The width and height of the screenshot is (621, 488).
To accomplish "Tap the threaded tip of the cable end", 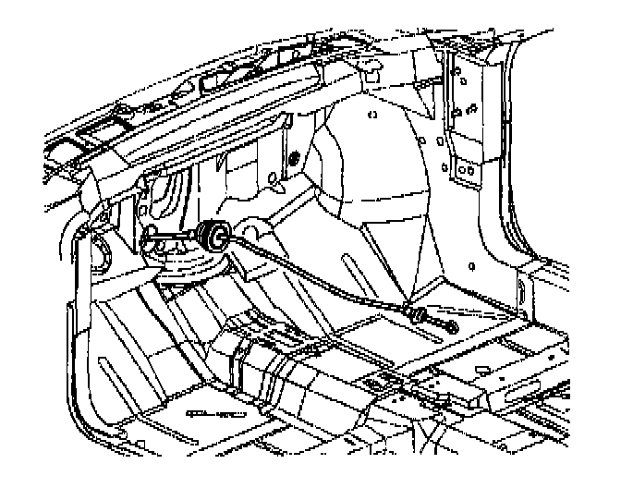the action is tap(454, 325).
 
